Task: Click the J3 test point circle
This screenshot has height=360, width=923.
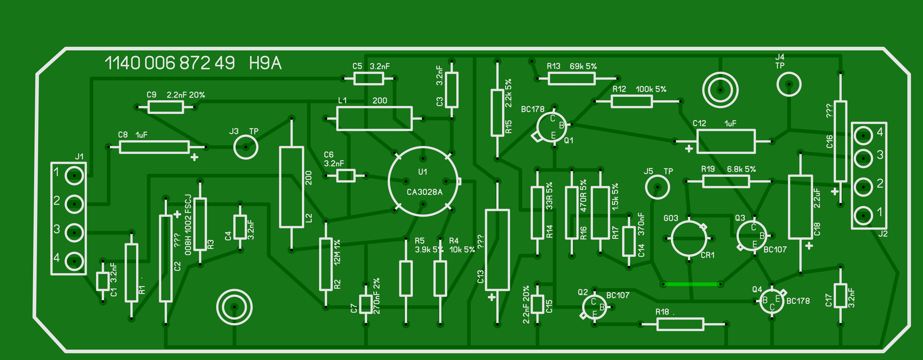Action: click(x=246, y=147)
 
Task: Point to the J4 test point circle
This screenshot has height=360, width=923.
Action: click(x=789, y=84)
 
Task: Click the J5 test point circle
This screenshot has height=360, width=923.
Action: click(x=657, y=187)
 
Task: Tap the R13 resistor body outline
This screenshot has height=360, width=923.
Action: click(x=571, y=78)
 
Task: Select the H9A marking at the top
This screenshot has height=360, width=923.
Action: click(x=265, y=63)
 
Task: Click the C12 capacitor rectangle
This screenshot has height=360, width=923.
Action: click(x=726, y=141)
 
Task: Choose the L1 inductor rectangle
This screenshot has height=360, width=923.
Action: click(x=374, y=118)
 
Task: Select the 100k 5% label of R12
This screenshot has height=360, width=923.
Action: click(x=651, y=89)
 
